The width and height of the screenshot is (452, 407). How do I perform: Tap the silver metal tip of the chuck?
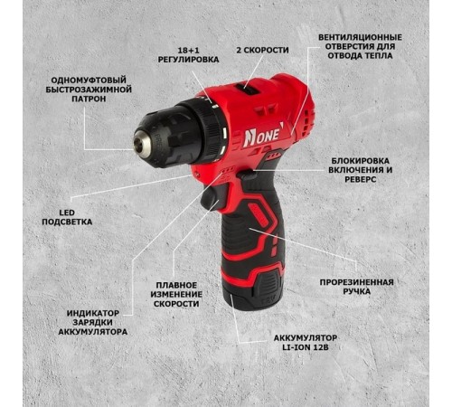coord(143,145)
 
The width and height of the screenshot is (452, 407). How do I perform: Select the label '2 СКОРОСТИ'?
coord(262,50)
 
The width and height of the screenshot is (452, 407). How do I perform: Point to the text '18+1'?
coord(188,50)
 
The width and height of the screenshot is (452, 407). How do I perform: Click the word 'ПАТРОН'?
coord(89,99)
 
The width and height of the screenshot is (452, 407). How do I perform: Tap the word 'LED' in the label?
coord(67,213)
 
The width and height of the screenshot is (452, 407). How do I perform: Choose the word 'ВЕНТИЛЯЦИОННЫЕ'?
coord(360,37)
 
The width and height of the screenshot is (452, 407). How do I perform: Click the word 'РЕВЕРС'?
coord(361,179)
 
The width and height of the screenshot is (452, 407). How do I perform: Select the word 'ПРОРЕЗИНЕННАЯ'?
coord(357,282)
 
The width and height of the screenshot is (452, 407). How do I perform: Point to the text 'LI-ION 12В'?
coord(306,347)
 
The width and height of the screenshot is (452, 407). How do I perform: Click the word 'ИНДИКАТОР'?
coord(93,313)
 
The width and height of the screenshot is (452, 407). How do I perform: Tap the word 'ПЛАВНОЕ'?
coord(176,285)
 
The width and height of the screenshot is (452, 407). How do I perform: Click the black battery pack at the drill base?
coord(253,289)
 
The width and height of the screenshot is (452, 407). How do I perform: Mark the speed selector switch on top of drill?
coord(247,89)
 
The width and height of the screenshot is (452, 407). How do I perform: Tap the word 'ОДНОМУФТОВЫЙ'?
coord(89,80)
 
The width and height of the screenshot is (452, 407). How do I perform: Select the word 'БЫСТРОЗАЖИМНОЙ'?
coord(89,90)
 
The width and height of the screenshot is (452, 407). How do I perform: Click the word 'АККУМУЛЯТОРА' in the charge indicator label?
coord(93,332)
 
